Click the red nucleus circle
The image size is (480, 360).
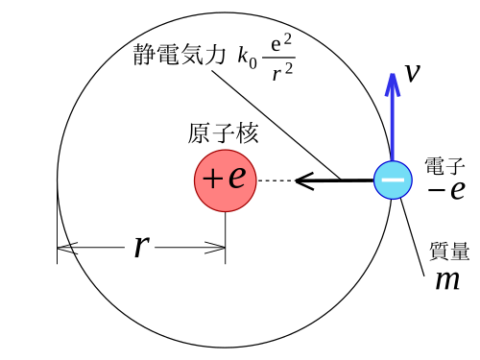click(226, 180)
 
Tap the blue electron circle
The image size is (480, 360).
click(393, 180)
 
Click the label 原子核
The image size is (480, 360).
click(223, 132)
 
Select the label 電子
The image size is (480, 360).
click(444, 166)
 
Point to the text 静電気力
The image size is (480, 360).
click(180, 55)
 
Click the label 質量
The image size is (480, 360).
click(449, 251)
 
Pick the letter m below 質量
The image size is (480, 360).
click(447, 280)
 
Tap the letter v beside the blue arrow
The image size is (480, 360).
click(413, 73)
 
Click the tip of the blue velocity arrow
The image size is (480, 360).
click(393, 74)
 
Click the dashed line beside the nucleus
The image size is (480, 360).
click(276, 180)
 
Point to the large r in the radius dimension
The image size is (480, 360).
click(141, 247)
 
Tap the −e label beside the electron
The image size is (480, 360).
click(446, 190)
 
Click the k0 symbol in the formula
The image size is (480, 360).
click(247, 58)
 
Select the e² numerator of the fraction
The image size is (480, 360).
click(281, 43)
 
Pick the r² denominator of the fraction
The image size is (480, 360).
click(282, 72)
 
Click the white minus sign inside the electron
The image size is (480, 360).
click(393, 180)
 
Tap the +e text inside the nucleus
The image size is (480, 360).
click(225, 178)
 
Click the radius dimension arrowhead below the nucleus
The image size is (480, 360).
click(215, 248)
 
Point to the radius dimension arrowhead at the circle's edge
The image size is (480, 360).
click(67, 248)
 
